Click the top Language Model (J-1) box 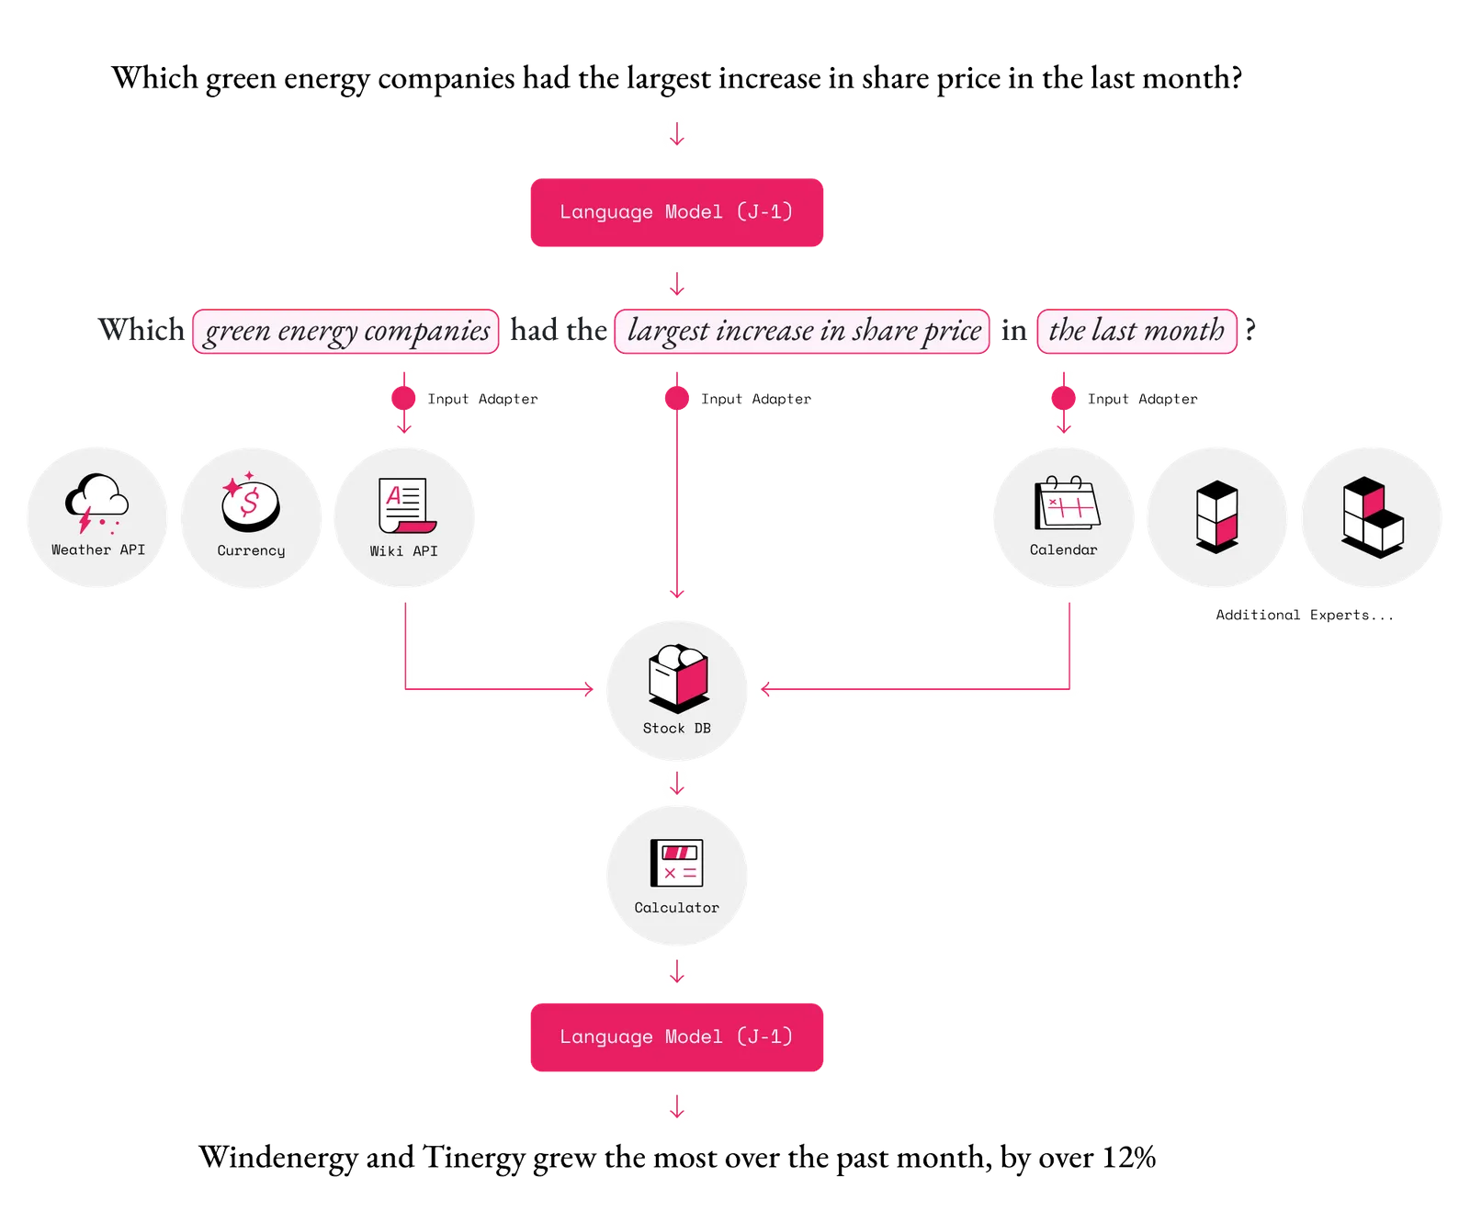(677, 212)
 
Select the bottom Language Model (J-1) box (677, 1037)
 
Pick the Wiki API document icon (405, 504)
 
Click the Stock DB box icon (677, 678)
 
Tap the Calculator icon (677, 864)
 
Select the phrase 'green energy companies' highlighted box (346, 331)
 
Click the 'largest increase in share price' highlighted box (802, 331)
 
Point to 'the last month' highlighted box (1136, 331)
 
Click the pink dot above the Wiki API (403, 398)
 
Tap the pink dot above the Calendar (1063, 398)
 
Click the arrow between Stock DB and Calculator (677, 785)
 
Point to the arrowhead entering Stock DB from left (587, 687)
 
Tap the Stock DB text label (677, 729)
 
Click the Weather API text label (98, 549)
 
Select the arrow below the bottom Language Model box (677, 1108)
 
